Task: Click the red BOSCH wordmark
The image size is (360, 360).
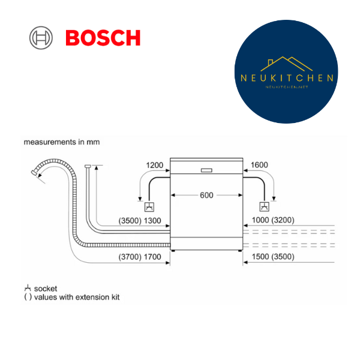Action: [103, 38]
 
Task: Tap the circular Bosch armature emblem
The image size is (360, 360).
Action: [41, 38]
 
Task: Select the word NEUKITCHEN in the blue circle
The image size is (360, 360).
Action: [287, 78]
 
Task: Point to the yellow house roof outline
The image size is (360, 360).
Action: [287, 64]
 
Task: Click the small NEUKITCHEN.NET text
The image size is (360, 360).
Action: [287, 87]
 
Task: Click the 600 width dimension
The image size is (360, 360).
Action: [206, 195]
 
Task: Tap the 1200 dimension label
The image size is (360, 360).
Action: [155, 165]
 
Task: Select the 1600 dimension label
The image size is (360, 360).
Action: [259, 165]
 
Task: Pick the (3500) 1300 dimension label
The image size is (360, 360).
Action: [140, 221]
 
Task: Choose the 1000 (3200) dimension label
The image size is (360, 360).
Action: [273, 220]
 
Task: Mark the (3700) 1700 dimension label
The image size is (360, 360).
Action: [140, 257]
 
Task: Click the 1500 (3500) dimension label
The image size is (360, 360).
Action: [273, 256]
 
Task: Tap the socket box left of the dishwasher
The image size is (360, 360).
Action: [149, 207]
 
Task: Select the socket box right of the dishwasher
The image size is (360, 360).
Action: [264, 206]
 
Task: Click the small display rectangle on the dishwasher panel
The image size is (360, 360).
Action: [206, 170]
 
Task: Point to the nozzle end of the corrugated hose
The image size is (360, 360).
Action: [34, 173]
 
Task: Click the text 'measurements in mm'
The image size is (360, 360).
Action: [62, 142]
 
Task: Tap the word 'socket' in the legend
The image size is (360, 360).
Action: [46, 289]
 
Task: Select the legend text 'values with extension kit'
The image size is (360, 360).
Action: [77, 297]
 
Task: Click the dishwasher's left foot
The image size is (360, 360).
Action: [173, 251]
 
